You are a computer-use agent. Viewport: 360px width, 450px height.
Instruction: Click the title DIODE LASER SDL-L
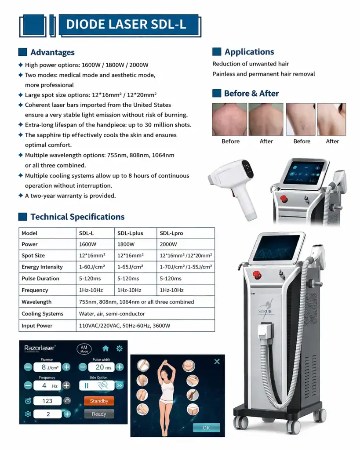(126, 24)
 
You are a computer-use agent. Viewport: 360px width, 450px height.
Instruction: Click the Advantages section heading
(52, 52)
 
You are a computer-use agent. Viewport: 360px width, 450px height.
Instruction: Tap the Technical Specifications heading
(77, 217)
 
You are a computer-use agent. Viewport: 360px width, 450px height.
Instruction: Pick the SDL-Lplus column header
(130, 233)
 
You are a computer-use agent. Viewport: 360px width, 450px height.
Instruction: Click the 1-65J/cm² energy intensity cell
(130, 267)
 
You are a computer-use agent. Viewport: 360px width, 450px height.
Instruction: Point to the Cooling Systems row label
(42, 314)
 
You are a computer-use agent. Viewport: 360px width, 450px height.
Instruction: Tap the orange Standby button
(99, 401)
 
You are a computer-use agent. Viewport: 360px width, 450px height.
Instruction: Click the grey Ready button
(99, 414)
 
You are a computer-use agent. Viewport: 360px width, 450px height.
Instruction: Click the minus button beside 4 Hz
(28, 385)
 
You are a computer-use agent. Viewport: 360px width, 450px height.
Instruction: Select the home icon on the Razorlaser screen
(105, 348)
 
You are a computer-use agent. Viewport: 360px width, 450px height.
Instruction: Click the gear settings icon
(119, 348)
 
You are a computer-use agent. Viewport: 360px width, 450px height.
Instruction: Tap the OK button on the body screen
(206, 428)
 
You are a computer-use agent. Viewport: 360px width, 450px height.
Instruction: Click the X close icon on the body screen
(217, 361)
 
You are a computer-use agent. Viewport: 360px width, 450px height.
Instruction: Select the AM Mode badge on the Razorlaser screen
(84, 349)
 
